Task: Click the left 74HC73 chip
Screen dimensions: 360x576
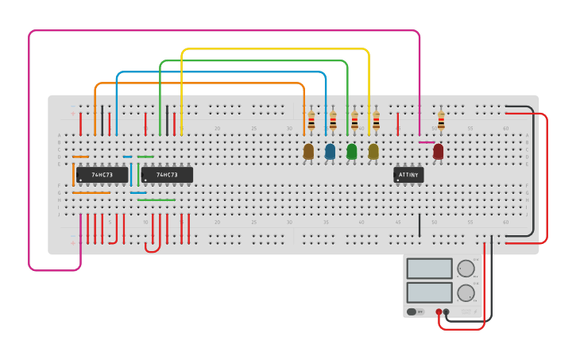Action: [x=102, y=175]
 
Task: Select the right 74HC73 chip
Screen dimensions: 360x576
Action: [x=167, y=175]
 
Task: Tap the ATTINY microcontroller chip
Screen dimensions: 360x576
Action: [x=408, y=175]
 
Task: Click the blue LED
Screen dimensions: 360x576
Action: [x=331, y=151]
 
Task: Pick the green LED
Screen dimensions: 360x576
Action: [x=352, y=151]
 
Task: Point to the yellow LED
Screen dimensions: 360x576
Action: [x=373, y=151]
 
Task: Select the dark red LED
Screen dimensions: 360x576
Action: [x=438, y=151]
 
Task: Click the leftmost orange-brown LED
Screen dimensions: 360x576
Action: [x=309, y=151]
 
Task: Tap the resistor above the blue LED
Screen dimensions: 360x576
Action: [x=333, y=121]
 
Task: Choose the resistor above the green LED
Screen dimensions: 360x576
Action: [x=354, y=121]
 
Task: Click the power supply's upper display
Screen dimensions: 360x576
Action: [x=430, y=269]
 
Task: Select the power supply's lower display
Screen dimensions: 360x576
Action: [x=430, y=292]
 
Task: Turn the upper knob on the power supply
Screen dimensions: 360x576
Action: [x=466, y=269]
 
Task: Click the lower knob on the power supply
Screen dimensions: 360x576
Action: [x=466, y=292]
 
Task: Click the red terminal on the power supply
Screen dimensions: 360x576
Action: [x=439, y=312]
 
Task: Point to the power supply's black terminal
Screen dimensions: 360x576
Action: [x=446, y=312]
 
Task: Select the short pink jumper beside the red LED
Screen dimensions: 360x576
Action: [x=427, y=142]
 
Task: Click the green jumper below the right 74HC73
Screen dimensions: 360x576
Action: [x=156, y=200]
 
